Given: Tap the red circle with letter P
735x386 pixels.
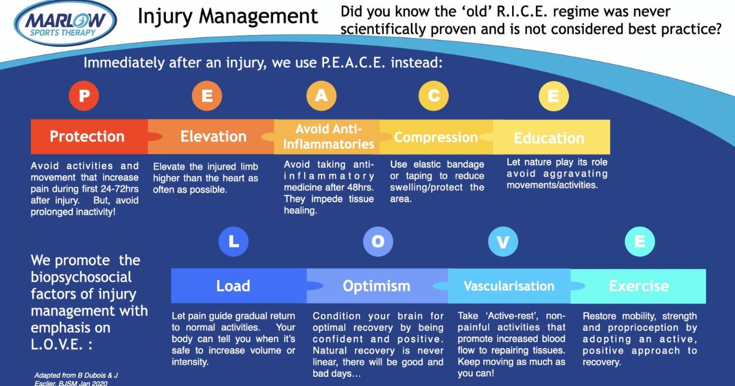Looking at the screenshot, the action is (84, 96).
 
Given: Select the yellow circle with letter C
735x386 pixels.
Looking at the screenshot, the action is (434, 96).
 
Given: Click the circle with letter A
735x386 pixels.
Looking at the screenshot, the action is (321, 96).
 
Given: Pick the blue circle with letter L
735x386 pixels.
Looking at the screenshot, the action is (233, 241).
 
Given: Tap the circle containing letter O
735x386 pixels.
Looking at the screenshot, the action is (378, 241).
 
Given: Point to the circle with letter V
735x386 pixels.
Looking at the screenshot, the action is (503, 241).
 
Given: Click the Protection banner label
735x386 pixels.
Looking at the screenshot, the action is (87, 137).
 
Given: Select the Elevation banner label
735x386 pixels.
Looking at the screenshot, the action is (213, 137).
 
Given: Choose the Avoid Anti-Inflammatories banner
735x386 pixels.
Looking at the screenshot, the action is (328, 137).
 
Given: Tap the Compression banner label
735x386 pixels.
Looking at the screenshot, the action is (435, 137).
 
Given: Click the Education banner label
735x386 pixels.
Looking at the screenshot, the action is (549, 138).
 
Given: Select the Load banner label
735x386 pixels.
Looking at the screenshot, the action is (233, 286).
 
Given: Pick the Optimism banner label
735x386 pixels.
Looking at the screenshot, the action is (376, 286).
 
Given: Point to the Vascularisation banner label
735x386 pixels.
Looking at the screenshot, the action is (509, 286).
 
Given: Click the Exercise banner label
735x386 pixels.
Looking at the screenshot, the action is (639, 286).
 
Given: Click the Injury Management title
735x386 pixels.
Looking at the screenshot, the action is (228, 17).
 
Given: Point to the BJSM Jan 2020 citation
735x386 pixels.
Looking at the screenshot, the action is (83, 383).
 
